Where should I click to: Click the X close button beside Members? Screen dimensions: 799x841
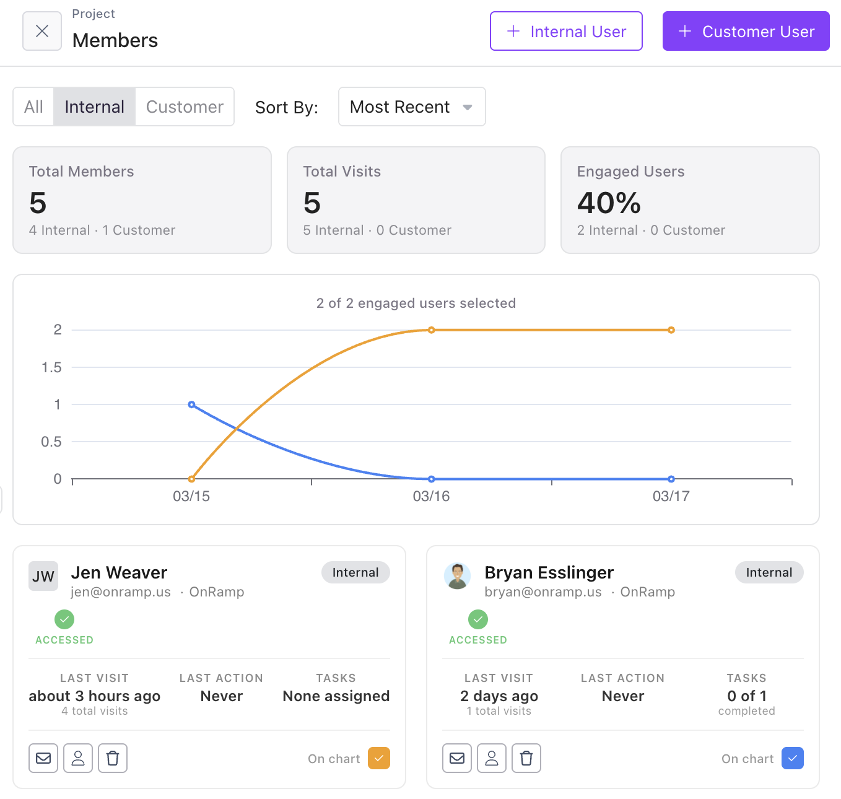coord(42,31)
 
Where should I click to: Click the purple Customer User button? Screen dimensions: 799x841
coord(746,31)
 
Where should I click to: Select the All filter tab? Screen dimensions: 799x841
coord(33,107)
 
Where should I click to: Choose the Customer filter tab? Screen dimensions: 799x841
coord(185,107)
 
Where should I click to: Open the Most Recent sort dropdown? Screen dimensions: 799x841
coord(412,107)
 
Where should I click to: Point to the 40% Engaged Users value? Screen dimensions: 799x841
coord(609,203)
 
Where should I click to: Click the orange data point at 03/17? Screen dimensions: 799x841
coord(671,330)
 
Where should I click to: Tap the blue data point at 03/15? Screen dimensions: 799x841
coord(191,404)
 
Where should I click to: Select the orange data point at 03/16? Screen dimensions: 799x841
coord(432,330)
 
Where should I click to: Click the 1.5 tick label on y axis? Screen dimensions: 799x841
coord(51,367)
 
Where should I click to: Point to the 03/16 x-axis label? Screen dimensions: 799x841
coord(431,496)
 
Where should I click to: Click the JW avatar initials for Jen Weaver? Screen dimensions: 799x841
coord(43,576)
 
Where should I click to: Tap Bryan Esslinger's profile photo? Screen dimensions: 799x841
coord(457,576)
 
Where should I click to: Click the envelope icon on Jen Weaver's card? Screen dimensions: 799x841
coord(43,758)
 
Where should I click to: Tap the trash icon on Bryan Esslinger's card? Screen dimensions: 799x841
coord(526,758)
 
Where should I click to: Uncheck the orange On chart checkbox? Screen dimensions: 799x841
coord(379,758)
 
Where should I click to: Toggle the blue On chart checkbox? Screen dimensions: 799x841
coord(793,758)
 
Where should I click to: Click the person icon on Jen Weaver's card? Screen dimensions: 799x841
coord(78,758)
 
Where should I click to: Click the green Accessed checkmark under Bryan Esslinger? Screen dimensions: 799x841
coord(477,619)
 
